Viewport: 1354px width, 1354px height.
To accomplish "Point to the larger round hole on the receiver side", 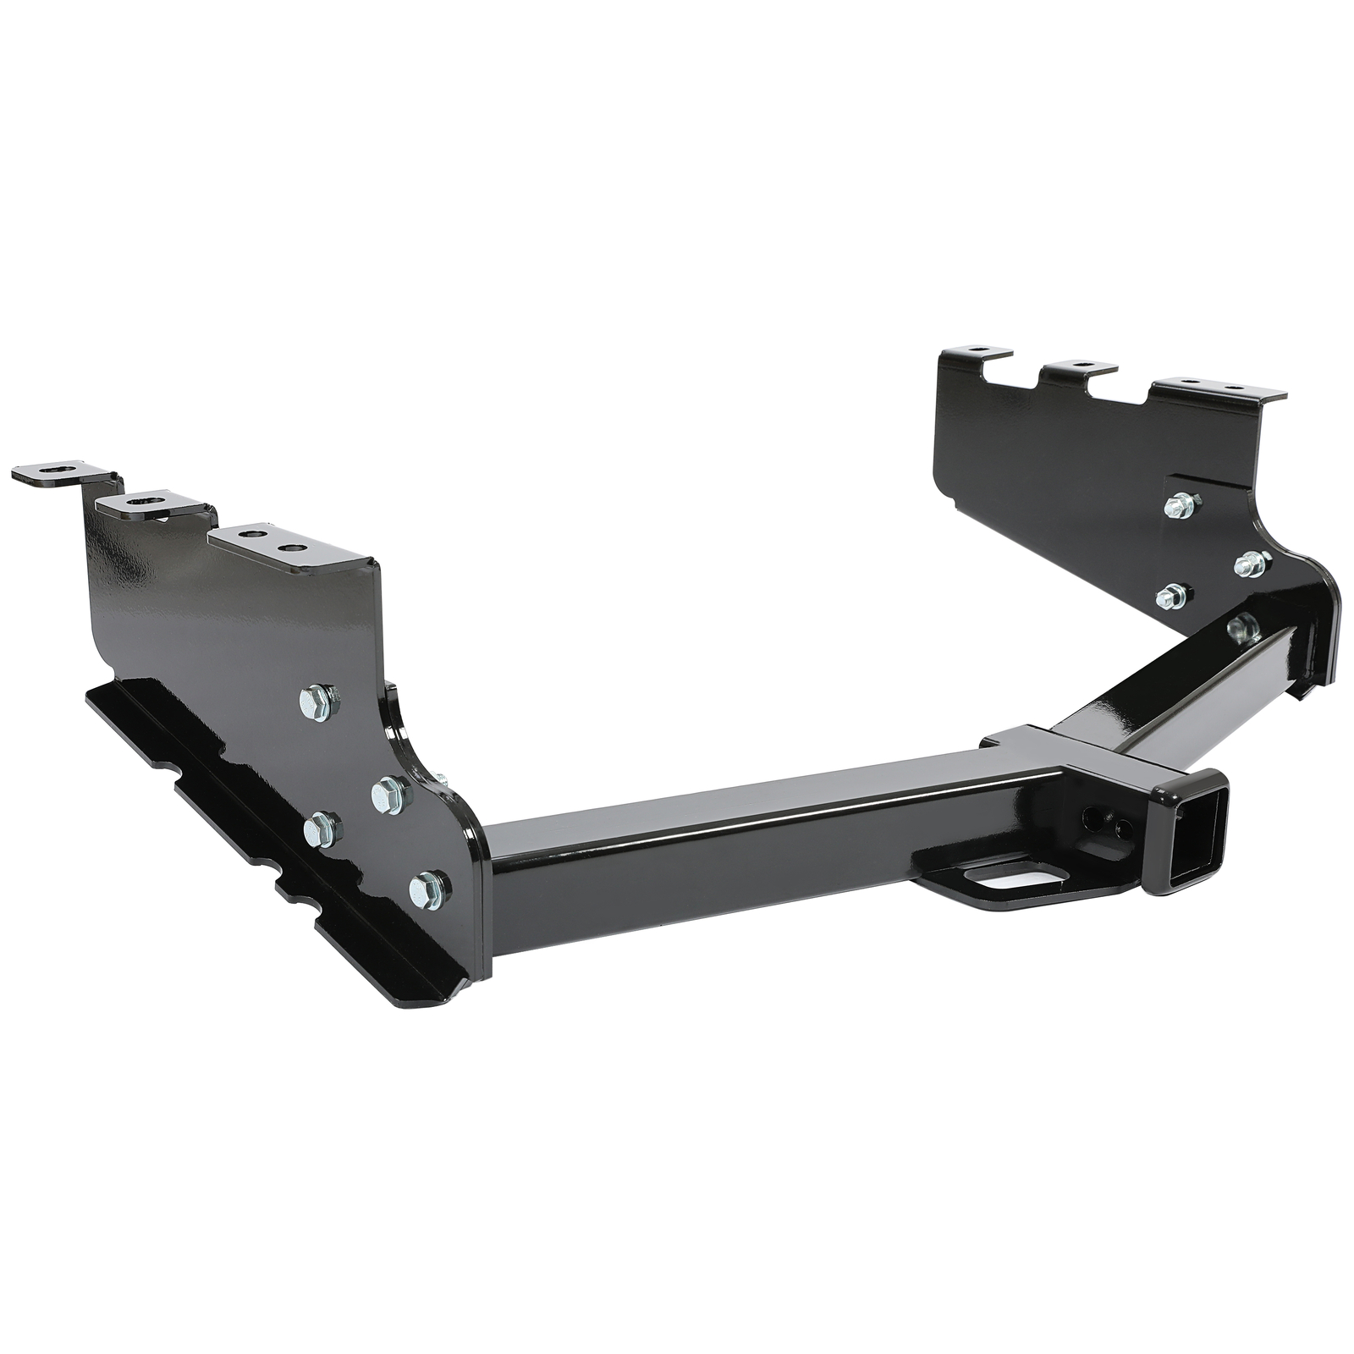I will pos(1094,817).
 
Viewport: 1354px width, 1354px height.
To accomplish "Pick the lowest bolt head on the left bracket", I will pos(427,890).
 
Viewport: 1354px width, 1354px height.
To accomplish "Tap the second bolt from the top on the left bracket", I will pos(389,794).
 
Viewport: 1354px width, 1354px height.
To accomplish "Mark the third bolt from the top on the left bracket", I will pos(322,829).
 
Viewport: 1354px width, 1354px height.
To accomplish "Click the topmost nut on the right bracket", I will pos(1179,506).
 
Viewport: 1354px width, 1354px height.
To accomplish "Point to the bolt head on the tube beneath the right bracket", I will pos(1241,628).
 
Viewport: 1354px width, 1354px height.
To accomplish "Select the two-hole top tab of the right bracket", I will pos(1216,389).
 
